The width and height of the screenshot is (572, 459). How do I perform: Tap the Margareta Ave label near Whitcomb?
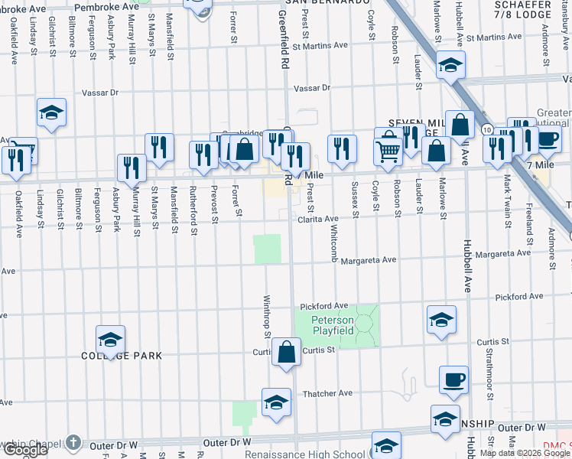(x=369, y=260)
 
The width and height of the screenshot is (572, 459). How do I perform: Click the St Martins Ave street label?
(x=319, y=45)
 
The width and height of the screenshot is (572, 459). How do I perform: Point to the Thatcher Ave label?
(x=327, y=393)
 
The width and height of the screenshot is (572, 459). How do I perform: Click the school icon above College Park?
(x=110, y=340)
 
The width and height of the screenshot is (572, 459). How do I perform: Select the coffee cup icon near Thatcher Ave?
(x=453, y=379)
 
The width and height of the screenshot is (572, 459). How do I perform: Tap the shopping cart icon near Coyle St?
(x=388, y=151)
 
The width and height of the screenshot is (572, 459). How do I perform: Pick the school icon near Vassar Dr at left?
(x=52, y=112)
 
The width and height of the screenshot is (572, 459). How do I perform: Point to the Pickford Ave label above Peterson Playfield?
(x=324, y=306)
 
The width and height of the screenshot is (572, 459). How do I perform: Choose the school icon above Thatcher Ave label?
(x=276, y=402)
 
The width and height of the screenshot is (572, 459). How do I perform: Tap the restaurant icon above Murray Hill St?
(x=132, y=168)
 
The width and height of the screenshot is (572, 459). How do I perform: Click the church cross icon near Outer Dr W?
(x=72, y=442)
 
